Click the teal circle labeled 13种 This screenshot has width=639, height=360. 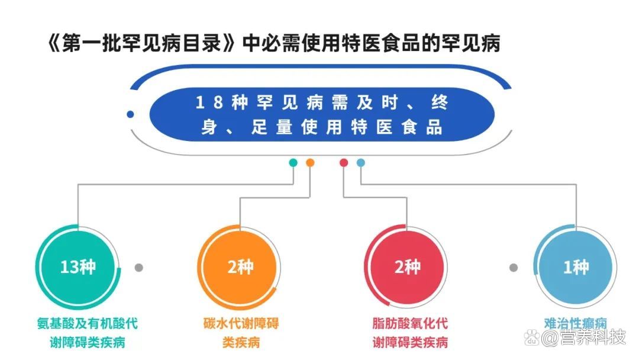78,267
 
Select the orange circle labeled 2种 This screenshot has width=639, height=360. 240,267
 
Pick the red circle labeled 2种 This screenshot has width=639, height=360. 407,267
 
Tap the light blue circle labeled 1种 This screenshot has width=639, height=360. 575,267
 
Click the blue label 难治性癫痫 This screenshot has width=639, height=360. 575,323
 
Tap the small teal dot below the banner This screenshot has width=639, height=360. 293,162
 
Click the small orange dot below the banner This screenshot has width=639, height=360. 310,162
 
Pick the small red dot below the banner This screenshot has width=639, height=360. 344,162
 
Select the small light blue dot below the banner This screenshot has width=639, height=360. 361,162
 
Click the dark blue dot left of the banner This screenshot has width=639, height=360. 130,114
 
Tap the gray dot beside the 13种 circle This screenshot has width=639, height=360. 139,268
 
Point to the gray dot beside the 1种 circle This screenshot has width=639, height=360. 514,268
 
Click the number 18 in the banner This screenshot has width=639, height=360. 209,102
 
